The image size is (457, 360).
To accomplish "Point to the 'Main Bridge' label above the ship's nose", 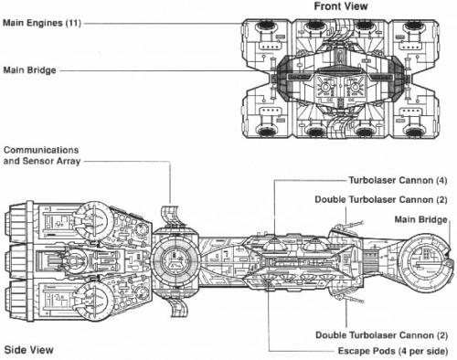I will click(427, 218).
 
